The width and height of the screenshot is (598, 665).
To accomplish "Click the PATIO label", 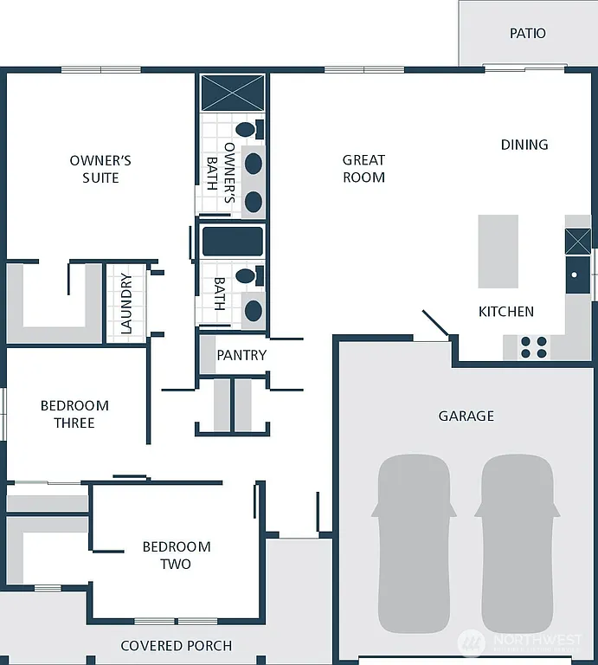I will click(x=527, y=34).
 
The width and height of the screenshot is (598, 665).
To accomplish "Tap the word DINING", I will click(x=524, y=145).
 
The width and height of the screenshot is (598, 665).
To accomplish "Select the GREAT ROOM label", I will click(x=363, y=169).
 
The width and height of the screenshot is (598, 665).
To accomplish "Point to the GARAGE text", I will click(x=466, y=416).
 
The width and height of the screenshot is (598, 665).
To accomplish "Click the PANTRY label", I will click(x=241, y=356).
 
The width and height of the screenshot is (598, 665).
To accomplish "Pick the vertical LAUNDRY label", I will click(x=126, y=303).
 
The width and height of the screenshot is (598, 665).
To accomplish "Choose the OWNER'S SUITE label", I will click(x=100, y=169).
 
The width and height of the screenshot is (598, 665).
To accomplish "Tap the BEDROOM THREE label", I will click(x=74, y=414).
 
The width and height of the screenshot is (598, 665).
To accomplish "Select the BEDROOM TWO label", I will click(x=177, y=555).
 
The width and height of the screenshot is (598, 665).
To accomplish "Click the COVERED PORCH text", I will click(x=176, y=646).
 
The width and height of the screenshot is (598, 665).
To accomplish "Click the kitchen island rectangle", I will click(x=498, y=252).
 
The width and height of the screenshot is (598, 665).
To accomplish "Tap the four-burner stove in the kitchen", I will click(x=533, y=347).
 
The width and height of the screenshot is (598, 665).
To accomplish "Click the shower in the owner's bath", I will click(x=232, y=93).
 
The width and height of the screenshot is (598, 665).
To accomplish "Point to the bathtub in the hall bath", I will click(x=232, y=242).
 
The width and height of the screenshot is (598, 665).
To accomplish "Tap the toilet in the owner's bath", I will click(x=248, y=130).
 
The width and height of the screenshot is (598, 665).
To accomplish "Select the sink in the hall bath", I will click(x=254, y=309).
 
